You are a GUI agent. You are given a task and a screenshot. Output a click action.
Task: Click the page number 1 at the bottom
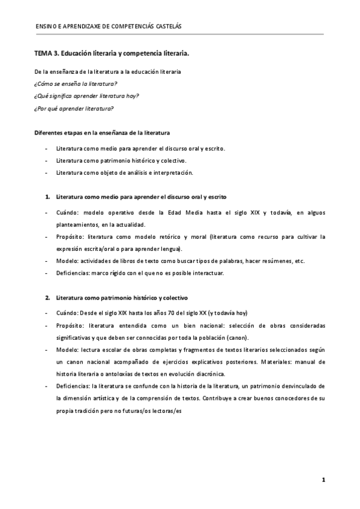(x=323, y=480)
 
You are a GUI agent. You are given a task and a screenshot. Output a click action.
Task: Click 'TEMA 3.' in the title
(x=46, y=53)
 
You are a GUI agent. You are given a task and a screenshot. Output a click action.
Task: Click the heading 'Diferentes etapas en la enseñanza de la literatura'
(x=102, y=132)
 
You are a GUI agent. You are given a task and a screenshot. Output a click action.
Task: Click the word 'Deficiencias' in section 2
(x=73, y=385)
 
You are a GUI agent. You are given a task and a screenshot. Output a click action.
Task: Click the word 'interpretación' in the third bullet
(x=174, y=173)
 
